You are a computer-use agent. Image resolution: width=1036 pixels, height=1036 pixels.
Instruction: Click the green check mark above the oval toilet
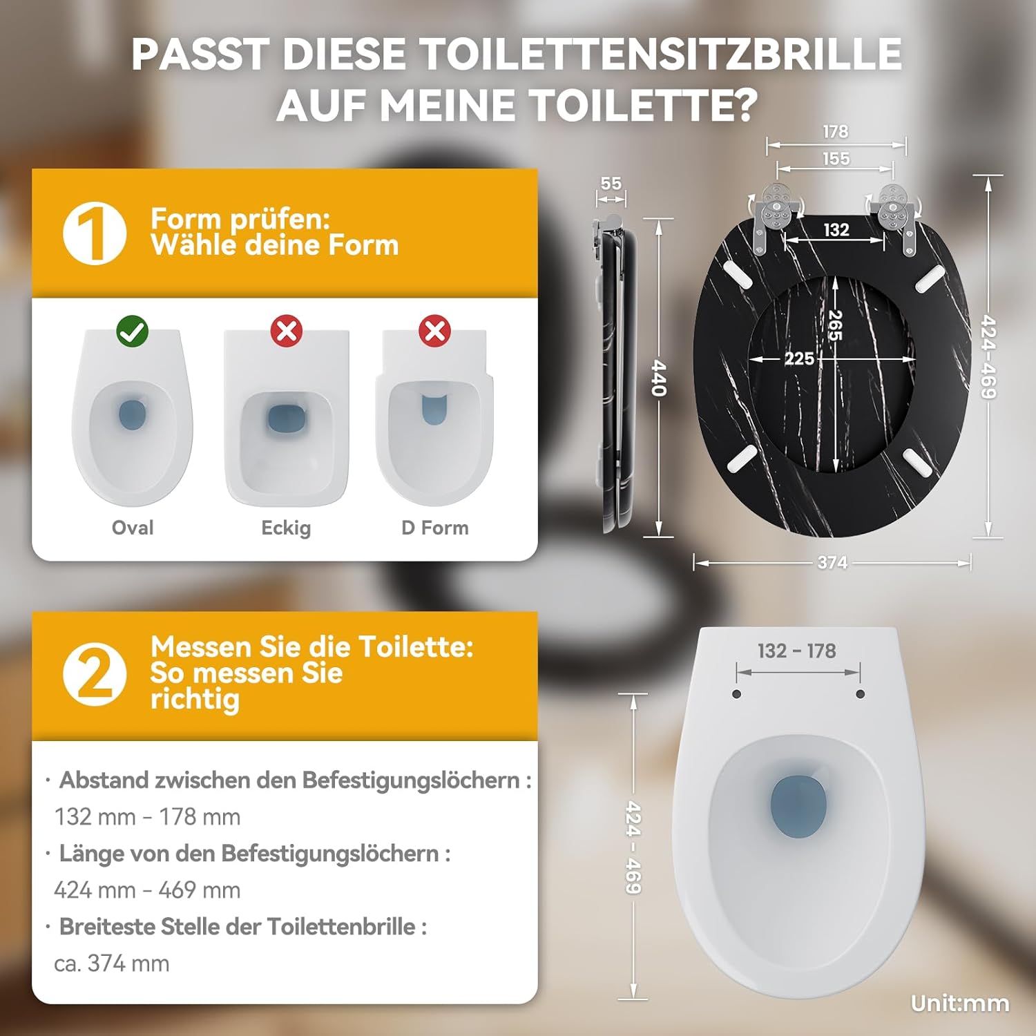coord(132,332)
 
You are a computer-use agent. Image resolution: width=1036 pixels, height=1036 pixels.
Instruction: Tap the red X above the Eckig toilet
coord(287,331)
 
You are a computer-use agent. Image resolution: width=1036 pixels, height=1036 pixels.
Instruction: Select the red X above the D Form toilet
coord(434,331)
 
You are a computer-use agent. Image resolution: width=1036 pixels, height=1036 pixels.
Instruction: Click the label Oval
coord(133,528)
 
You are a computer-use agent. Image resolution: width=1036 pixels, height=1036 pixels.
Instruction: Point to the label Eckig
coord(286,528)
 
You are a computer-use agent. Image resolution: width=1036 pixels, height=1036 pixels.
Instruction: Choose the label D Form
coord(435,528)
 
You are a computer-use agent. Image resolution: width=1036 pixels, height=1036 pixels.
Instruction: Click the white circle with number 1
coord(95,233)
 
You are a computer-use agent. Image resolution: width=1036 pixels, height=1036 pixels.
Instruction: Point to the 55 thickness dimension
coord(611,184)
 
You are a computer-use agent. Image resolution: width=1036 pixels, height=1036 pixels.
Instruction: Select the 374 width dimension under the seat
coord(832,563)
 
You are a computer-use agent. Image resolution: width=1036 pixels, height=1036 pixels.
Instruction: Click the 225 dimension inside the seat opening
coord(799,358)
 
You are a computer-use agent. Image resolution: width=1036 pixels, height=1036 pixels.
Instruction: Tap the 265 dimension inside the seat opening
coord(835,325)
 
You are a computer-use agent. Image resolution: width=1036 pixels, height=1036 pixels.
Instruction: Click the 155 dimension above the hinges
coord(836,159)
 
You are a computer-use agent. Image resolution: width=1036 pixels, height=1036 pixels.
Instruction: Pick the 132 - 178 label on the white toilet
coord(797,651)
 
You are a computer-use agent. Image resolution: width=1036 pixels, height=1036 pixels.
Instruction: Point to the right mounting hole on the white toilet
coord(860,694)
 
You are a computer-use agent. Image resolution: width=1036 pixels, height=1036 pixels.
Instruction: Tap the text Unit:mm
coord(960,1004)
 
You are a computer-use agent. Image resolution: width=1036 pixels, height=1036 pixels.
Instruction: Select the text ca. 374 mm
coord(112,963)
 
